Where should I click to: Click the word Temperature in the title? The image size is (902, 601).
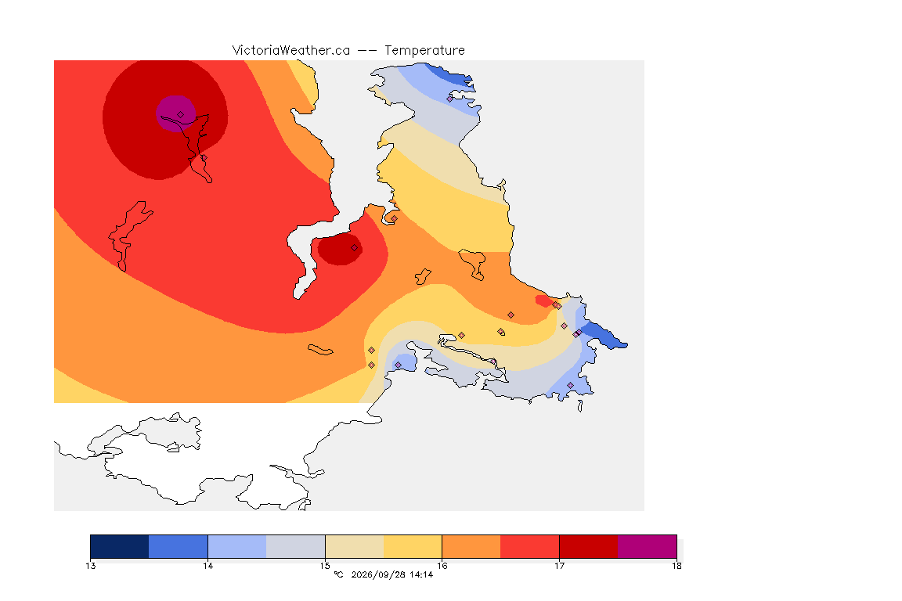(x=424, y=51)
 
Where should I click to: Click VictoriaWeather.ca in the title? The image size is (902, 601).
(x=291, y=51)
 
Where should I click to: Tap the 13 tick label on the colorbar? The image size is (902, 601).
(x=90, y=566)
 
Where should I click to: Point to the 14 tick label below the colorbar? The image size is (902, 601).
(x=207, y=566)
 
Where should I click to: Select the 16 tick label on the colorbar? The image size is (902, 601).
(x=442, y=566)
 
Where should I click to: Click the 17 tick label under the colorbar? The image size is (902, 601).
(x=559, y=566)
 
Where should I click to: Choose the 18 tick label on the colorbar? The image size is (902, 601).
(x=676, y=566)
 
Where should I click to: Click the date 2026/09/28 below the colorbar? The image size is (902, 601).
(x=377, y=574)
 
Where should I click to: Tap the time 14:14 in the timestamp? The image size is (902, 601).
(x=421, y=574)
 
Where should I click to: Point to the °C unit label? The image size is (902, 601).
(x=339, y=574)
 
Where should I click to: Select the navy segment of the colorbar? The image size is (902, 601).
(x=120, y=546)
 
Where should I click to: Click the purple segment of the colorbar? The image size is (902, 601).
(x=648, y=546)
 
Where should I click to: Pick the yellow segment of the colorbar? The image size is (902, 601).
(x=413, y=546)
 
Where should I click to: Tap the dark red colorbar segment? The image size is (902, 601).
(x=589, y=546)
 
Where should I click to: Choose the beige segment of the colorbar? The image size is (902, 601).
(x=355, y=546)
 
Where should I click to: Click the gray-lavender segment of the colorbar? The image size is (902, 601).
(x=296, y=546)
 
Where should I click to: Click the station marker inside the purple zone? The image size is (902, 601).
(x=181, y=115)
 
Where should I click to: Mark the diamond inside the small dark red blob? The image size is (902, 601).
(x=355, y=248)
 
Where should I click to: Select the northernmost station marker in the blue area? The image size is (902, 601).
(x=450, y=99)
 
